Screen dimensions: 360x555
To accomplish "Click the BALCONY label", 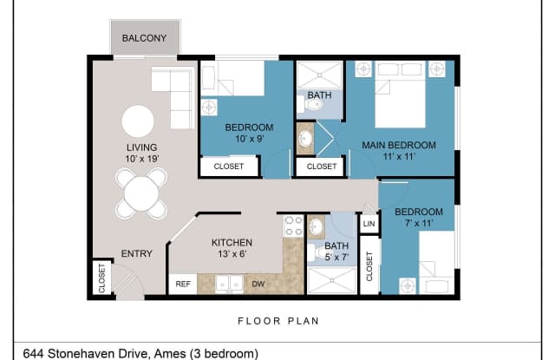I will pos(145,38).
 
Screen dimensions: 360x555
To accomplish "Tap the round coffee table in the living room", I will pos(138,121).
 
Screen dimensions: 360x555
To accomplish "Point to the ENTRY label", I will pos(136,254).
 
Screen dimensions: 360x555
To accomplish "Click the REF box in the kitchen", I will pos(183,284).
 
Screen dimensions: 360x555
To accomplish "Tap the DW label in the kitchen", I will pos(258,284).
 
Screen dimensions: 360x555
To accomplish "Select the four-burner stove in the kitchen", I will pos(292,226).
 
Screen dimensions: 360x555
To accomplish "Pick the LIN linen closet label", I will pos(369,225).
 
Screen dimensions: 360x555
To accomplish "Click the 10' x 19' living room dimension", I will pos(141,160).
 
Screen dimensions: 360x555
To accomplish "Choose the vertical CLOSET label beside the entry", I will pos(101,278).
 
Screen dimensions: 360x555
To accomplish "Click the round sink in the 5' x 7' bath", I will pos(317,227).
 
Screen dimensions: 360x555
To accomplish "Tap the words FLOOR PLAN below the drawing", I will pos(278,321).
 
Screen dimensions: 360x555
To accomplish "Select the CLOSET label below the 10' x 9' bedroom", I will pos(228,166).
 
